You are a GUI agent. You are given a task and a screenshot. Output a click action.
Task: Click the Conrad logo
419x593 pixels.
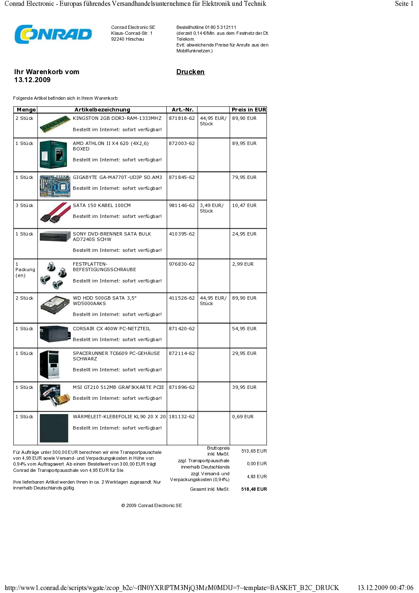tap(53, 34)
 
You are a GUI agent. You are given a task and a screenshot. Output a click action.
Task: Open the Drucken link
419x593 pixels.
tap(190, 72)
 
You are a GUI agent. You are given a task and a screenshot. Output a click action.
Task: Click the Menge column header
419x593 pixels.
tap(26, 110)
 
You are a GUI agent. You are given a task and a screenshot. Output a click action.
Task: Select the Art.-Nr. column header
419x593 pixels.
tap(182, 110)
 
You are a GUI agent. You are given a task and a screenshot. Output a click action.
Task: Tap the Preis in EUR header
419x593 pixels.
tap(248, 110)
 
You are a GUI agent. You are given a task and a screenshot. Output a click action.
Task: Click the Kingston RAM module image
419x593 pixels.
tap(55, 124)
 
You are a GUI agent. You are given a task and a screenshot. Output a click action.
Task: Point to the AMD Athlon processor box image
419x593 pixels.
tap(53, 154)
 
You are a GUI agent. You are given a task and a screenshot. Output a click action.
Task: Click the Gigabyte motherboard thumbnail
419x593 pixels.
tap(54, 186)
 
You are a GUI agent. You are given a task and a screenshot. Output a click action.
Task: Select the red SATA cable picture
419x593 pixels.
tap(55, 212)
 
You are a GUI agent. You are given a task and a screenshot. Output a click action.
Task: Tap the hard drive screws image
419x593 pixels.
tap(54, 275)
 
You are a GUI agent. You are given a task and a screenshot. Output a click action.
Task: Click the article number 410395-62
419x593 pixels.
tap(182, 234)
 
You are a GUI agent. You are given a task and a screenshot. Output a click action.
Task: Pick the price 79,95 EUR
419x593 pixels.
tap(244, 177)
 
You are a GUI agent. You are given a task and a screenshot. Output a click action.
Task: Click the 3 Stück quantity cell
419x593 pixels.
tap(24, 205)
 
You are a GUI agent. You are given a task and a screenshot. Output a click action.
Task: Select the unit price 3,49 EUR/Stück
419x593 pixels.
tap(212, 208)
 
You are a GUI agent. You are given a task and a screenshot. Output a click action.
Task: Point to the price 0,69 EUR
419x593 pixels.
tap(243, 417)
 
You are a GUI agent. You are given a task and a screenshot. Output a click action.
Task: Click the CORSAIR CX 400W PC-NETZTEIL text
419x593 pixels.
tap(111, 329)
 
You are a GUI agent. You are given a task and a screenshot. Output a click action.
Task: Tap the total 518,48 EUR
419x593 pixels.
tap(254, 489)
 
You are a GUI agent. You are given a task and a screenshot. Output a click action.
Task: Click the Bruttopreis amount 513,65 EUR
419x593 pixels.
tap(254, 451)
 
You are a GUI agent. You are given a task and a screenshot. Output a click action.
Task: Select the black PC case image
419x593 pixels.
tap(49, 365)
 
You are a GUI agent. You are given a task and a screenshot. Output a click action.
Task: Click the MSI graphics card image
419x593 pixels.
tap(54, 396)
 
